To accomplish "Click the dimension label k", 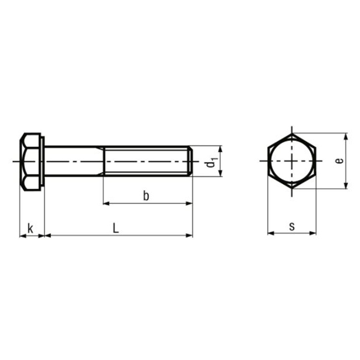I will (30, 227).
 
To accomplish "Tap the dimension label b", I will (146, 196).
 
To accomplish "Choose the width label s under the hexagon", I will (292, 226).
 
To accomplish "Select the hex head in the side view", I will (30, 161).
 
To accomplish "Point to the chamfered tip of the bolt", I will (191, 161).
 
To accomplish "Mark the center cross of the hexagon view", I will (292, 161).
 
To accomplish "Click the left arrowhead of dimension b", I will (107, 203).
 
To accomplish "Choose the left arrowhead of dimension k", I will (23, 235).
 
